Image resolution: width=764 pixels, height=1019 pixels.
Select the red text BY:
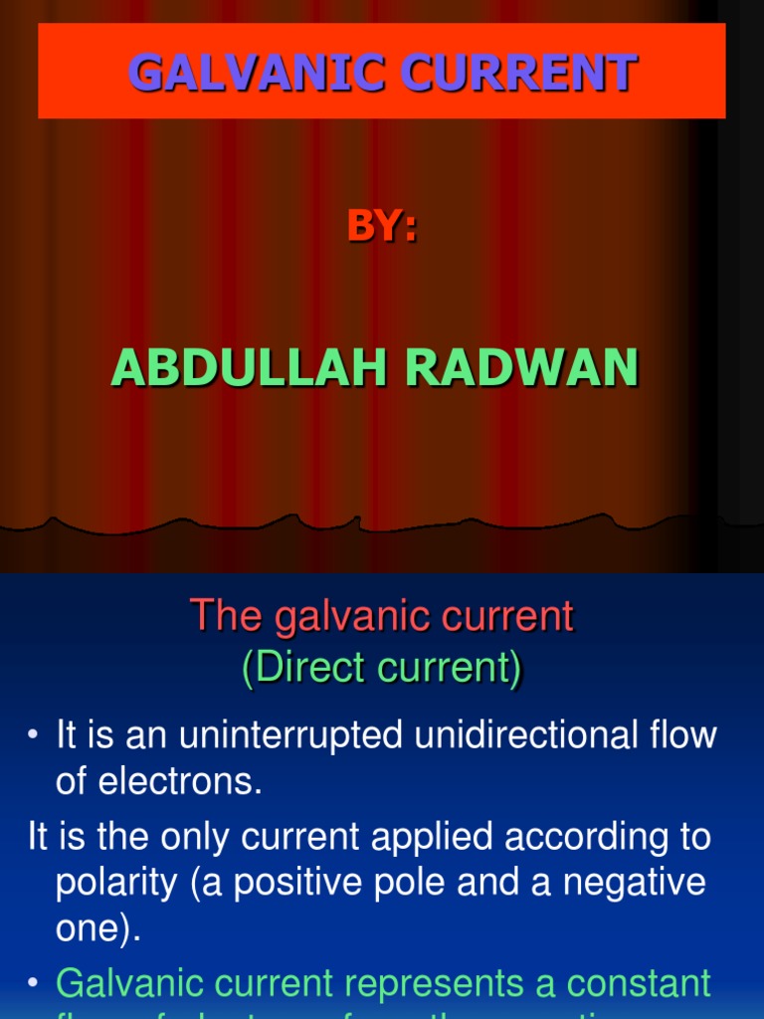coord(382,227)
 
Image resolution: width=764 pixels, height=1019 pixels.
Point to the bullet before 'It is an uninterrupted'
coord(33,736)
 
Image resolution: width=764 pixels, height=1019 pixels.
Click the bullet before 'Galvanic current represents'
coord(33,984)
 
